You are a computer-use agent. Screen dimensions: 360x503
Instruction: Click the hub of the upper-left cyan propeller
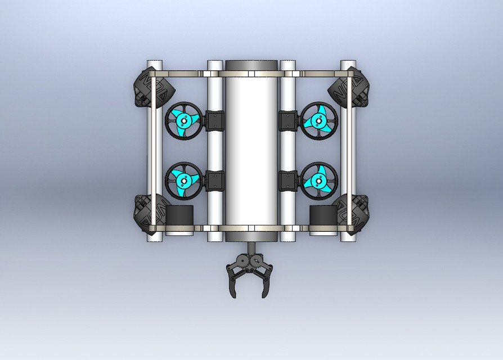[183, 120]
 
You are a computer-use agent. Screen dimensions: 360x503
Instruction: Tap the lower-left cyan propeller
[183, 181]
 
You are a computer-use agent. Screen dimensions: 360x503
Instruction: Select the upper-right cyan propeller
[319, 120]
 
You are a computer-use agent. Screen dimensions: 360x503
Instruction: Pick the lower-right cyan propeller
[319, 181]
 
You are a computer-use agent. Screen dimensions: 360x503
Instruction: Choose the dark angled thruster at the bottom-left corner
[149, 214]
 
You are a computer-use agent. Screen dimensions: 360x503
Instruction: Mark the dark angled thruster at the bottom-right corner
[352, 214]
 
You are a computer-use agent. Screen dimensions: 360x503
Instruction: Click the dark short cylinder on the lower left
[179, 215]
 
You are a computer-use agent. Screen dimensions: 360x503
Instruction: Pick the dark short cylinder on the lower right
[323, 215]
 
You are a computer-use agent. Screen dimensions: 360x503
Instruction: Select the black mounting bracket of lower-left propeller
[215, 181]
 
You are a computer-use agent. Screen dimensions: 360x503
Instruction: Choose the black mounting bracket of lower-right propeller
[288, 181]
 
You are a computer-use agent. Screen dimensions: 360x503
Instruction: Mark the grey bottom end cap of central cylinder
[251, 236]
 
